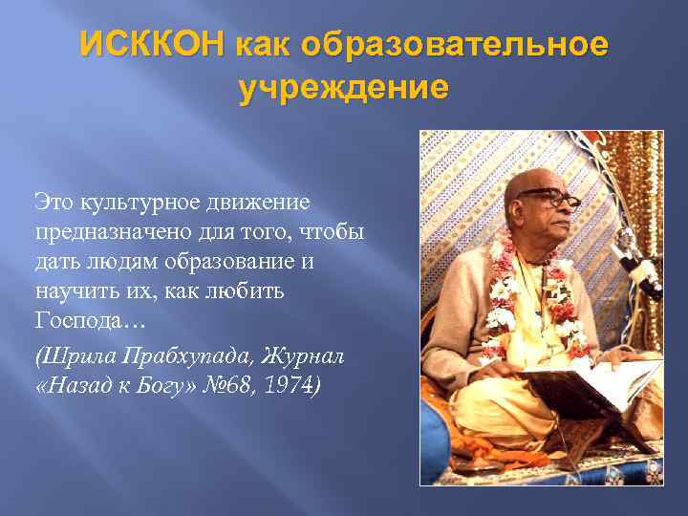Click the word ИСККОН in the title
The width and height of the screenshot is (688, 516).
pos(153,45)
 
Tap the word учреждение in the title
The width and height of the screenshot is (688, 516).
pos(343,89)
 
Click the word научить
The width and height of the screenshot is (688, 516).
pos(71,290)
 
